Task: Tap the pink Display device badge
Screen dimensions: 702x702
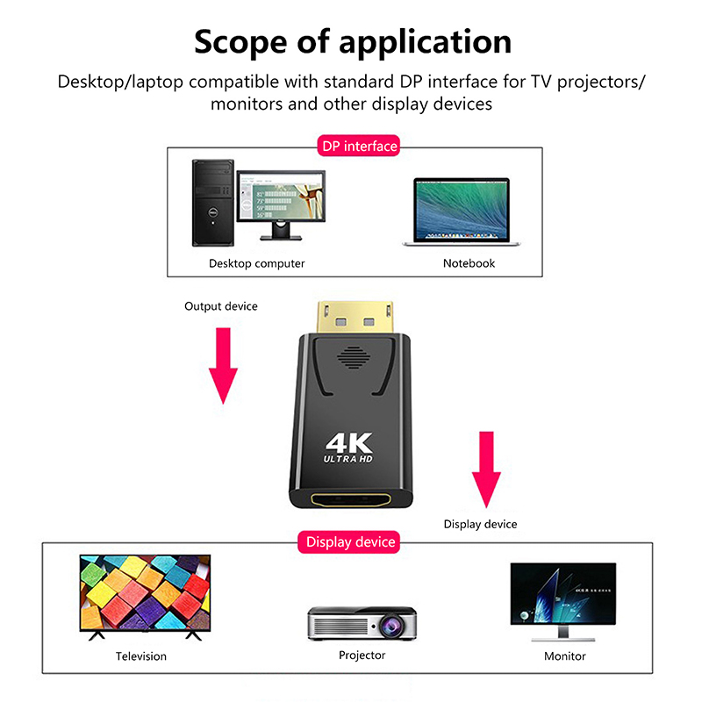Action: [x=351, y=542]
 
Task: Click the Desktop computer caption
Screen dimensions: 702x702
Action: [x=256, y=263]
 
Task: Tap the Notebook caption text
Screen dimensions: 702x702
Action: [x=469, y=263]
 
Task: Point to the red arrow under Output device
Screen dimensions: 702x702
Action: [x=224, y=364]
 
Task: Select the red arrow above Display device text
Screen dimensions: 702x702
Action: [x=486, y=469]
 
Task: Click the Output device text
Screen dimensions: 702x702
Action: [x=221, y=306]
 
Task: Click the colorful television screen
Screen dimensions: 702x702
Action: [x=145, y=591]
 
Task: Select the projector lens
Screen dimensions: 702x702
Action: [x=389, y=625]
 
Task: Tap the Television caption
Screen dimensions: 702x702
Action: [x=140, y=655]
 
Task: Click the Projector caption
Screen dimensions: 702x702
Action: [x=362, y=655]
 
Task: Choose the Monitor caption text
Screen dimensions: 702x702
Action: [x=564, y=655]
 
